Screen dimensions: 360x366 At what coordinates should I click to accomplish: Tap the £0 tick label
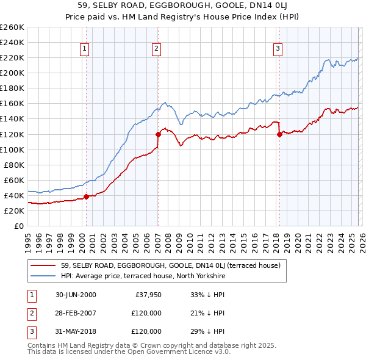point(18,226)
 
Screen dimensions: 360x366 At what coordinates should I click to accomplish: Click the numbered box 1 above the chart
point(84,49)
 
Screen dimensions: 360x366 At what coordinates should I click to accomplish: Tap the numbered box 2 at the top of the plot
point(157,49)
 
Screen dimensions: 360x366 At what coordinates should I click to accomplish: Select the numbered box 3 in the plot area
point(278,49)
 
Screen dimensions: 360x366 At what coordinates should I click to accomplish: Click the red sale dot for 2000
point(86,196)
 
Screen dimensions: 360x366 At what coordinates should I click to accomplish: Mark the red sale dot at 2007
point(158,134)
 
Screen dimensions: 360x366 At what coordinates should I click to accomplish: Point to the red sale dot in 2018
point(279,134)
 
